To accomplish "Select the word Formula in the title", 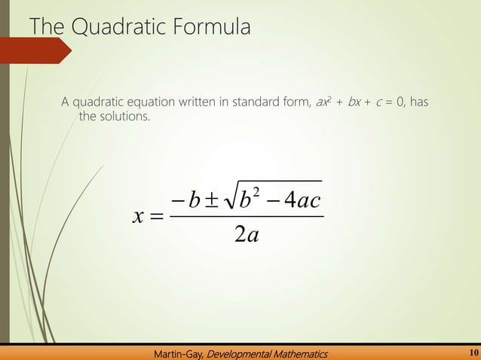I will [x=210, y=28].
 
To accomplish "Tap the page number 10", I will [x=473, y=352].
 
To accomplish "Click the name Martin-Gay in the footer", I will [x=179, y=352].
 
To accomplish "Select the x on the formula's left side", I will [x=137, y=218].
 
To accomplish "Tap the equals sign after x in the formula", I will [x=155, y=218].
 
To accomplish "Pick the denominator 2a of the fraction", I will [x=247, y=235].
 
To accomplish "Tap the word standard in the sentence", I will [x=259, y=102].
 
